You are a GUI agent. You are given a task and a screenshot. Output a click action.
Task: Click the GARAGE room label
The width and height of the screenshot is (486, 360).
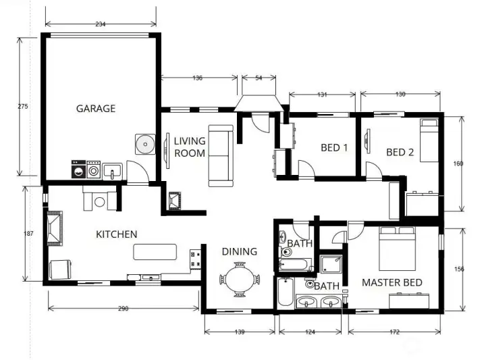95,108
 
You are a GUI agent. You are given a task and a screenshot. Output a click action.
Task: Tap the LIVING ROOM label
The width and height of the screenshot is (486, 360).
189,147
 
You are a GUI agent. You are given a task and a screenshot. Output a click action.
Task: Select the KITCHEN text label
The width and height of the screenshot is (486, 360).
116,234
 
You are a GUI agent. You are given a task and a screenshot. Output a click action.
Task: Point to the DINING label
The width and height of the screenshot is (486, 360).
240,251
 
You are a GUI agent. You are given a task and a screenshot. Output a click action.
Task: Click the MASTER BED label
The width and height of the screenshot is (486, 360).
392,282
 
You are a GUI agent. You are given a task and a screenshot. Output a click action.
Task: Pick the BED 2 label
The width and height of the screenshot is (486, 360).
400,152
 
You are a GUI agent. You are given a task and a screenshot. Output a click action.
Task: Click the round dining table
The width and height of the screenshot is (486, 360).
240,279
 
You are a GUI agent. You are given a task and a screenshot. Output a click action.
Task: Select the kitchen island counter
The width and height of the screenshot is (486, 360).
156,252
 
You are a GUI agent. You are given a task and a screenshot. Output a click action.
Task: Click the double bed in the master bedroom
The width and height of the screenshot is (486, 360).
396,247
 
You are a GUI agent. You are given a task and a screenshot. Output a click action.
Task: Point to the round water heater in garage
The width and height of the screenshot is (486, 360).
144,144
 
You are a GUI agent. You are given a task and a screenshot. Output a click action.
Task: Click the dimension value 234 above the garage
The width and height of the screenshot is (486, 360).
100,24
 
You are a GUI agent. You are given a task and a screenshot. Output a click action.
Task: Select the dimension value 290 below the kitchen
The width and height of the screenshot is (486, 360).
123,309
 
